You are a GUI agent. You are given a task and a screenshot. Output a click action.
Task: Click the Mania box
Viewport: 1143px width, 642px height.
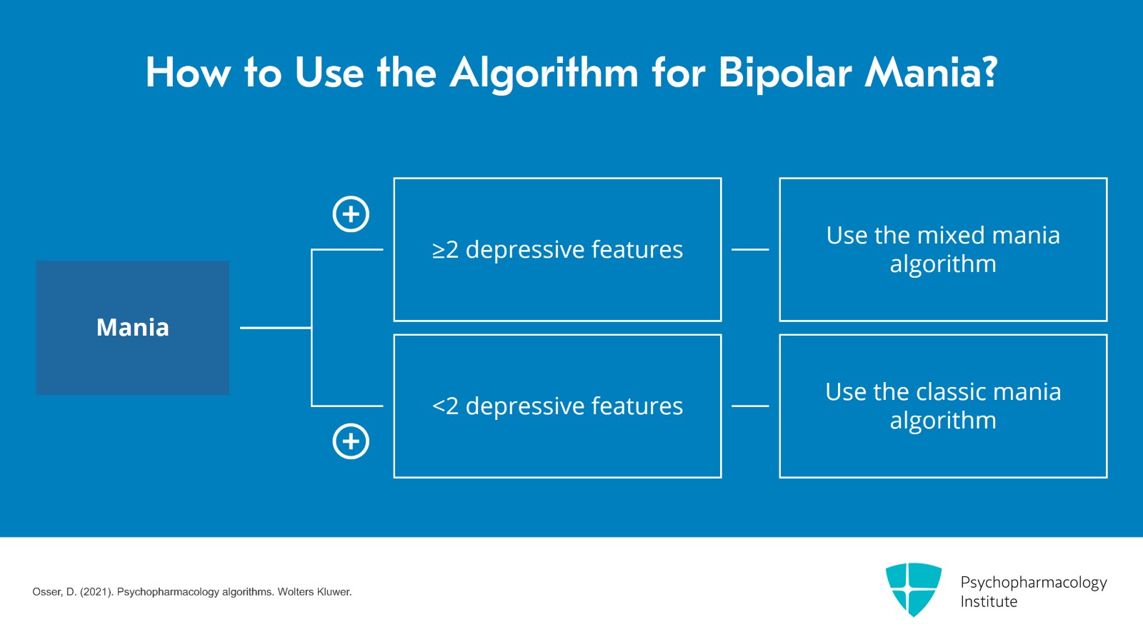[x=133, y=328]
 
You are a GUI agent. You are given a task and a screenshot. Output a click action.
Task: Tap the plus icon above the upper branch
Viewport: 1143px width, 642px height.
[x=351, y=214]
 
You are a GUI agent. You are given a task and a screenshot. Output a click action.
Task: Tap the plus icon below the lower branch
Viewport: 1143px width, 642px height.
[x=351, y=441]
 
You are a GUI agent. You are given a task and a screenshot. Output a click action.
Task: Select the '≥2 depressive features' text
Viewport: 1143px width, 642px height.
[x=557, y=250]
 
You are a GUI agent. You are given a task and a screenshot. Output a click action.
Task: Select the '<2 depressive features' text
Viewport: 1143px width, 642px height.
[x=557, y=406]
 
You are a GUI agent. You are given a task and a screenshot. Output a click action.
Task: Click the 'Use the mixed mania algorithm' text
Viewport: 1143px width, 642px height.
[x=943, y=249]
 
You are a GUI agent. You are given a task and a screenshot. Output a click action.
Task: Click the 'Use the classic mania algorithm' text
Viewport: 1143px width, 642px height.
[x=943, y=406]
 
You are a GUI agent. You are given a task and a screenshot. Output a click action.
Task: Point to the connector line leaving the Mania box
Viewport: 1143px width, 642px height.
[x=275, y=328]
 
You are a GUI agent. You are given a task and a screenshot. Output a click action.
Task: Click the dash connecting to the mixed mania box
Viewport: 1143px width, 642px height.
[x=750, y=249]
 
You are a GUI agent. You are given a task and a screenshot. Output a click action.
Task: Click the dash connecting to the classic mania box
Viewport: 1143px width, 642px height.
[x=750, y=406]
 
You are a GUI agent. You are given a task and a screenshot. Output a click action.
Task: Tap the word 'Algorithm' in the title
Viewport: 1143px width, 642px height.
[x=544, y=74]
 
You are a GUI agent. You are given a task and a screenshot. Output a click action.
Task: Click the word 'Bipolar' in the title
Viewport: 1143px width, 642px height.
[x=784, y=74]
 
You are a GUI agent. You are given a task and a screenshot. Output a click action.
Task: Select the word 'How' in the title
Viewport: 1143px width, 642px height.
[x=188, y=73]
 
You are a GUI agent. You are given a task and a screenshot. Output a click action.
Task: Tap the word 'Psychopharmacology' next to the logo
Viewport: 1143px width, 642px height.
[x=1033, y=583]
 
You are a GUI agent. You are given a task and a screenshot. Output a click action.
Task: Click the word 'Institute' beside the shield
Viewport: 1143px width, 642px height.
[x=989, y=602]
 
